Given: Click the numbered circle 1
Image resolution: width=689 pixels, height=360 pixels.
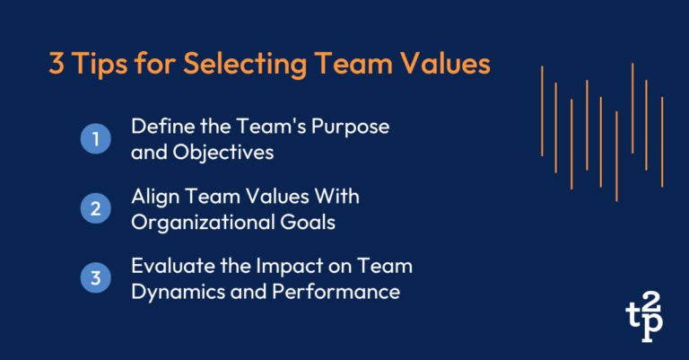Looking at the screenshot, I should (x=94, y=139).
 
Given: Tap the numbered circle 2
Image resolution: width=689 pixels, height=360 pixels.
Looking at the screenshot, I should (x=94, y=209).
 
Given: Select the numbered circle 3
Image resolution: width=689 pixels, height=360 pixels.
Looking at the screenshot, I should (x=94, y=278).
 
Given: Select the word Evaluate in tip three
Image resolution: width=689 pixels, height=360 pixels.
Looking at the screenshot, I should (x=168, y=267).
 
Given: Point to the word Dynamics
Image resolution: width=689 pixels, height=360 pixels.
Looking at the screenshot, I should (x=170, y=292).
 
